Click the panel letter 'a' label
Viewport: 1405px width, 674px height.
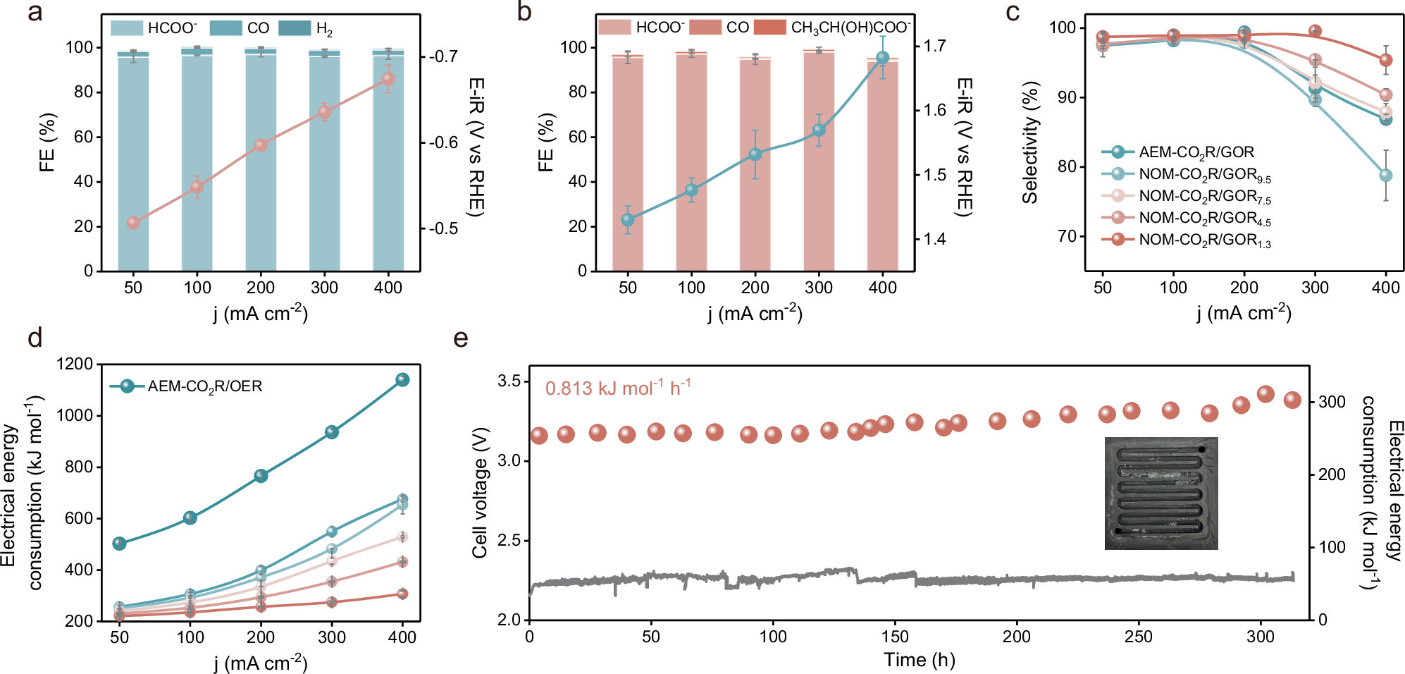[35, 13]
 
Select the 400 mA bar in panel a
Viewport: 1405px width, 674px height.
[388, 162]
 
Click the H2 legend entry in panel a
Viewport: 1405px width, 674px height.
[306, 28]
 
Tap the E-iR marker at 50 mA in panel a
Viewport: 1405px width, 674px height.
[133, 223]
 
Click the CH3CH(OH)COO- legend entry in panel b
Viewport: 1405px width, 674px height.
[832, 27]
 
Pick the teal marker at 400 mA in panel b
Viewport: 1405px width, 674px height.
[882, 58]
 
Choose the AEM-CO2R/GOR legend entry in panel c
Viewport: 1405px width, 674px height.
[1196, 152]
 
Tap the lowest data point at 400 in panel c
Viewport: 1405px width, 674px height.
[1385, 176]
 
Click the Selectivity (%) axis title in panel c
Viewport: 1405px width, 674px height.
[1030, 142]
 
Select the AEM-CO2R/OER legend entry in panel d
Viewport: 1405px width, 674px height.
[204, 386]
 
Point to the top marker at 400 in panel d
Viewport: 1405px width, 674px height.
[402, 380]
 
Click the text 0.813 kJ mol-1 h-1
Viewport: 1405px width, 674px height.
[617, 388]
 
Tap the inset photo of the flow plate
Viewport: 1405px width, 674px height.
[1160, 493]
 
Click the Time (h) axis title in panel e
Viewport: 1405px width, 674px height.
[919, 660]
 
